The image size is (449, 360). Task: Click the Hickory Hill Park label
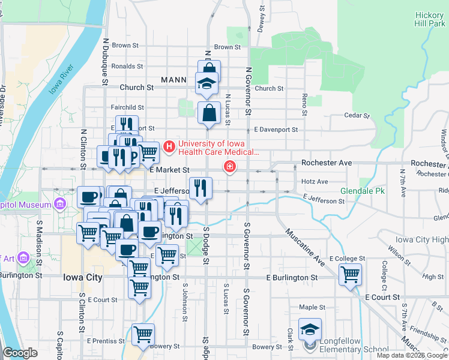pyautogui.click(x=430, y=19)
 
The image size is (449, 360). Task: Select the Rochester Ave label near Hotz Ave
pyautogui.click(x=326, y=163)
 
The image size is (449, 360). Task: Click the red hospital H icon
pyautogui.click(x=169, y=146)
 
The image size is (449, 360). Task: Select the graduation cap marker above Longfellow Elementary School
pyautogui.click(x=310, y=329)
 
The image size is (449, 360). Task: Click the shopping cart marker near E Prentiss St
pyautogui.click(x=143, y=334)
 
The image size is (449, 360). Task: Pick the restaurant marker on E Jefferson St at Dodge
pyautogui.click(x=200, y=188)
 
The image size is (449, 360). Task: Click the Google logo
pyautogui.click(x=20, y=353)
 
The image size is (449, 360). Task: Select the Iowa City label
pyautogui.click(x=83, y=278)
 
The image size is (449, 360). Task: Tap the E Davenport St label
pyautogui.click(x=276, y=129)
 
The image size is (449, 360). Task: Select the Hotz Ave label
pyautogui.click(x=315, y=181)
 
